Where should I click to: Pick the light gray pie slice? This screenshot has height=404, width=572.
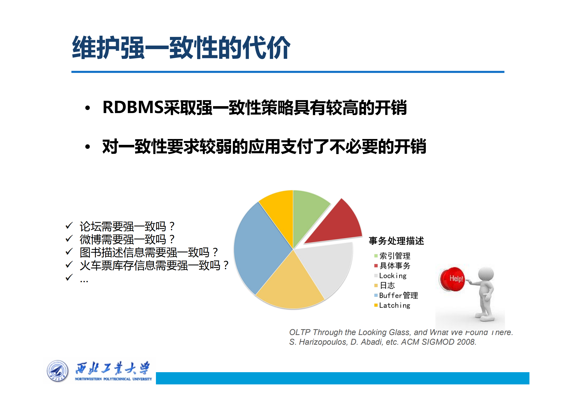pos(326,267)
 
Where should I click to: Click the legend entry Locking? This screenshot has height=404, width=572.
pos(393,276)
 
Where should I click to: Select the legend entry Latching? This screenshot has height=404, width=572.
pos(394,305)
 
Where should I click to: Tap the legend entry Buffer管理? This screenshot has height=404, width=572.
pos(398,295)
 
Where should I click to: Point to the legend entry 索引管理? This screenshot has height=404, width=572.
pos(395,256)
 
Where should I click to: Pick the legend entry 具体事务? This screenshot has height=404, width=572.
pos(395,266)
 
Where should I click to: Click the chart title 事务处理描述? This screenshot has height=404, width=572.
pos(396,241)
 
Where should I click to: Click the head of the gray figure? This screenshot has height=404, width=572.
pos(486,274)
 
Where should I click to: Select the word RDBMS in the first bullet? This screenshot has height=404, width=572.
pos(132,107)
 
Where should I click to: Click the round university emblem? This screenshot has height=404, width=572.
pos(58,371)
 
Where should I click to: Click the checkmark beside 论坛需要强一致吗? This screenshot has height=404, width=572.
pos(69,226)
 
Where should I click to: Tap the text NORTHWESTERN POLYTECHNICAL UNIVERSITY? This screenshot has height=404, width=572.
pos(113,379)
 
